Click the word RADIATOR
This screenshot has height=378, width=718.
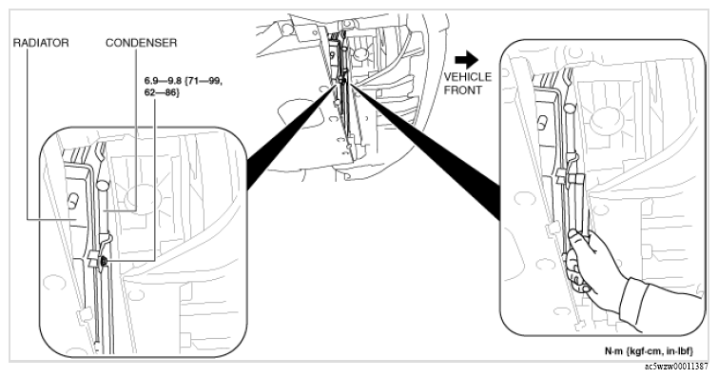[41, 43]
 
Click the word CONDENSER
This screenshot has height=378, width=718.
[141, 43]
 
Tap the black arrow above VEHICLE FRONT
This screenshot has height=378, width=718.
[467, 60]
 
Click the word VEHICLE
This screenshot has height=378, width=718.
[468, 77]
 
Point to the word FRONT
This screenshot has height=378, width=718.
[462, 90]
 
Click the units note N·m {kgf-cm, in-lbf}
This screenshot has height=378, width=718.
[649, 351]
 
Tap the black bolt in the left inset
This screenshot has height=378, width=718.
[104, 262]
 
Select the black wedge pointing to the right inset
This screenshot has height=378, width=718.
[426, 150]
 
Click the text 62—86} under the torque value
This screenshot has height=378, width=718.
[162, 92]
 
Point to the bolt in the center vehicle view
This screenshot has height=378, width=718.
[342, 81]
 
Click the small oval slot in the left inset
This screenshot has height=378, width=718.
[72, 201]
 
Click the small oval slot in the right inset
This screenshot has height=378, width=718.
[542, 123]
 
